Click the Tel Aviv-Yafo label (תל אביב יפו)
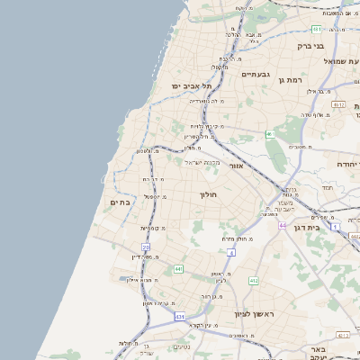(191, 85)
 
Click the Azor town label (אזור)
(237, 166)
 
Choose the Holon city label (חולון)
(209, 193)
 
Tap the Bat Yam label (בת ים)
(120, 202)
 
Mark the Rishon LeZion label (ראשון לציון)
(254, 314)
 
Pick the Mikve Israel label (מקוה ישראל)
(202, 162)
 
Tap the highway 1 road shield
(336, 226)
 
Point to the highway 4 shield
(230, 253)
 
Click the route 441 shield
(178, 269)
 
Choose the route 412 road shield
(254, 281)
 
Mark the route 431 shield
(180, 317)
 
